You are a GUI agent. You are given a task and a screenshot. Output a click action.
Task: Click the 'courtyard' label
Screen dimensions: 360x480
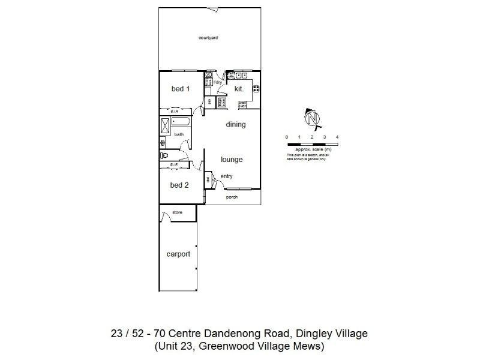(x=208, y=38)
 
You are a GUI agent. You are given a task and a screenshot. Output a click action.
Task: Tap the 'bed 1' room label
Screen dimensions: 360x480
(x=181, y=89)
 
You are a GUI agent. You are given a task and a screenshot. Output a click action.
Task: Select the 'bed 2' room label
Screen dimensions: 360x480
(x=179, y=185)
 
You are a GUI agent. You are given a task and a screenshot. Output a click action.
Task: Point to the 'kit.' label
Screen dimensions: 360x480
(x=238, y=89)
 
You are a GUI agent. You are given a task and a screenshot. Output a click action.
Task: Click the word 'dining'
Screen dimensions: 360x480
(x=236, y=125)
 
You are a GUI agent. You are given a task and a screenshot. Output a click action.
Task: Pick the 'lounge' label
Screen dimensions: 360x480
(x=232, y=160)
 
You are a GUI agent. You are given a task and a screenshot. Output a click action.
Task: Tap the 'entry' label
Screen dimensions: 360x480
(x=227, y=176)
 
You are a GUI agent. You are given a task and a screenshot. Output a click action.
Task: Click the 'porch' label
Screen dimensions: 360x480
(x=232, y=197)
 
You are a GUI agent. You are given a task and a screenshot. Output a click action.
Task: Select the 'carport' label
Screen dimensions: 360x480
(x=178, y=254)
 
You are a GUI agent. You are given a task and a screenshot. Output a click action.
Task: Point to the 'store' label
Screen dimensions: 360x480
(x=177, y=212)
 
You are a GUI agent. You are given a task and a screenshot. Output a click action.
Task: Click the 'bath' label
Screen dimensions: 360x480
(x=179, y=134)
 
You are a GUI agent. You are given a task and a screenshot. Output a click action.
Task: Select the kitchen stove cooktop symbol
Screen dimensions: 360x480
(x=256, y=89)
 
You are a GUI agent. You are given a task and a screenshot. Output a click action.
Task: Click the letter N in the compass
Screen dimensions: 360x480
(x=312, y=120)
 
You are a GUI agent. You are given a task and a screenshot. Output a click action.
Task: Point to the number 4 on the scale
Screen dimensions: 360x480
(x=337, y=137)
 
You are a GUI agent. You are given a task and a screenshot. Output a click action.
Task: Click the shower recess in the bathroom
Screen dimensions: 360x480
(x=165, y=125)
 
